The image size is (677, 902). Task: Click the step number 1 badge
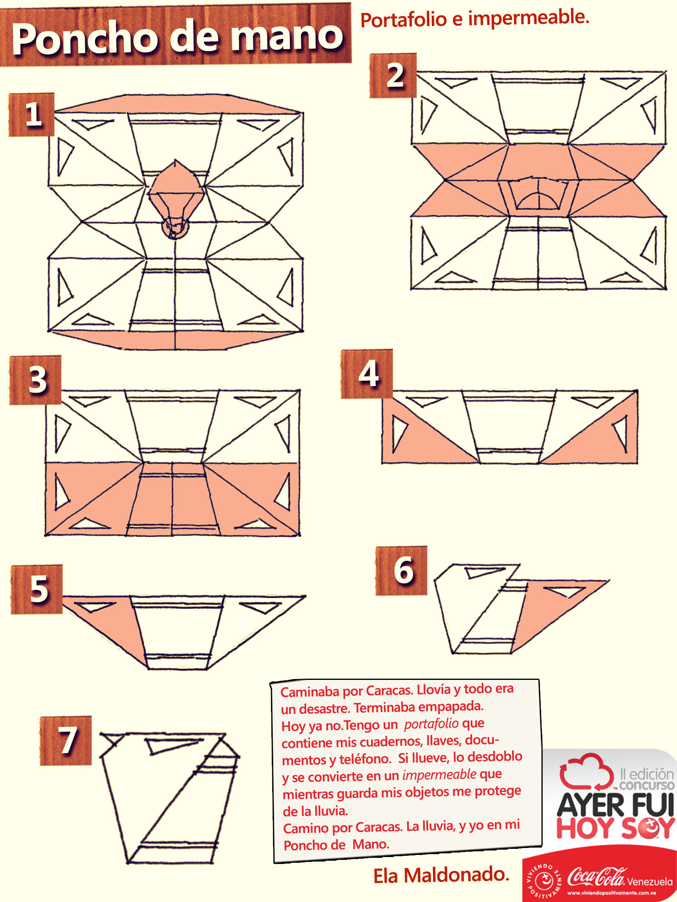point(32,114)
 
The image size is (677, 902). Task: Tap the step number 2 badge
point(393,75)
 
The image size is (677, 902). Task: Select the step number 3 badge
point(36,380)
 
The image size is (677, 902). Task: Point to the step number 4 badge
point(367,374)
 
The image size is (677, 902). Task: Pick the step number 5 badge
point(37,589)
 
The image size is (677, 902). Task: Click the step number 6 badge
point(402,570)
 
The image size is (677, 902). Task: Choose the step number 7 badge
point(65,740)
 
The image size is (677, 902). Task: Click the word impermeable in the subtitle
point(528,18)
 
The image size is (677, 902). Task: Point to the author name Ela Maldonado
point(441,875)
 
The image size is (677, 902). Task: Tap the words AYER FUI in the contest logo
point(615,804)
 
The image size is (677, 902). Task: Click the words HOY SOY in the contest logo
point(615,828)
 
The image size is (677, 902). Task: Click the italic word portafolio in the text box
point(431,724)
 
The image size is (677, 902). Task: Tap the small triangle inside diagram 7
point(168,746)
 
